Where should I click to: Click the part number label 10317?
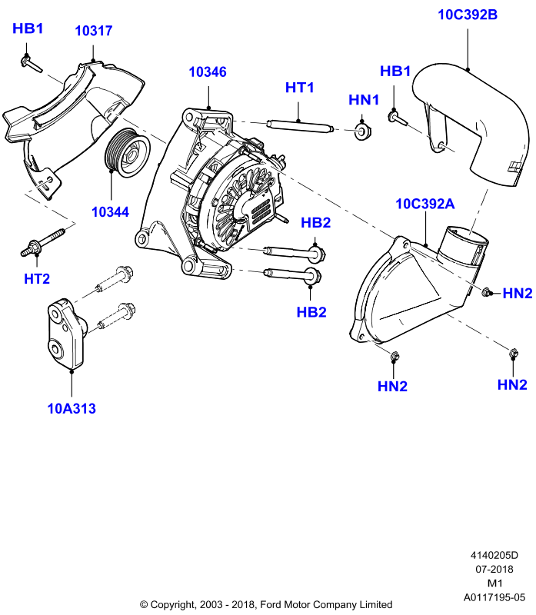coord(93,31)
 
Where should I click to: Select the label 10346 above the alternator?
coord(208,71)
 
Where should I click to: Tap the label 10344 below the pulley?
coord(110,212)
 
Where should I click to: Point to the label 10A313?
coord(72,408)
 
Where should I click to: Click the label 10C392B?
coord(468,15)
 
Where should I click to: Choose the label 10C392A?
coord(425,204)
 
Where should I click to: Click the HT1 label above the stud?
coord(300,88)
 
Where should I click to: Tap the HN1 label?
coord(364,100)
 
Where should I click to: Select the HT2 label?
coord(37,279)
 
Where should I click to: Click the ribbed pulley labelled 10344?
coord(127,152)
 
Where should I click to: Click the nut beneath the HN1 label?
coord(362,131)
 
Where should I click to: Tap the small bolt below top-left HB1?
coord(31,64)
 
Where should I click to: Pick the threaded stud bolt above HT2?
coord(43,242)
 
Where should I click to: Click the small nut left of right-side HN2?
coord(486,291)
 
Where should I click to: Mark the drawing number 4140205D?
coord(494,555)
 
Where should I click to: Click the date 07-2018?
coord(494,569)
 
